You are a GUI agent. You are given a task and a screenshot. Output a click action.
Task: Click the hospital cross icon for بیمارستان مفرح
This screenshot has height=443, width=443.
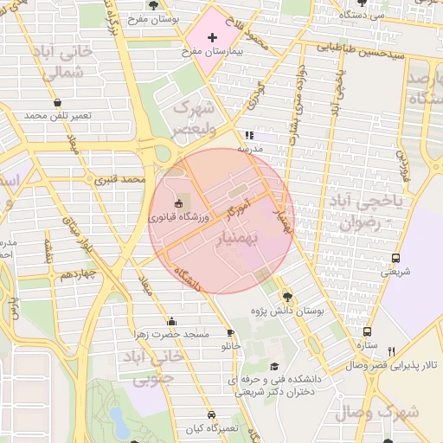point(212,38)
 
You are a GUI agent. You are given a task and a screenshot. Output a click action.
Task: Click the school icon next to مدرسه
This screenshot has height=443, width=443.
point(249,135)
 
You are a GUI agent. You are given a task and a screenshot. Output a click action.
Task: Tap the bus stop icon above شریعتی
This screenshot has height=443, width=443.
point(395,258)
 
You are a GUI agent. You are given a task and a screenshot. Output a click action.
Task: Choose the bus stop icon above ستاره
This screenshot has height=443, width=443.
point(368,331)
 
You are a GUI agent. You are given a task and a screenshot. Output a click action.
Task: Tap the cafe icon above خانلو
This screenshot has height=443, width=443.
point(230,332)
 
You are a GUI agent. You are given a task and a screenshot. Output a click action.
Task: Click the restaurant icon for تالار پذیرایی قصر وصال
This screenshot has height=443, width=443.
point(391,351)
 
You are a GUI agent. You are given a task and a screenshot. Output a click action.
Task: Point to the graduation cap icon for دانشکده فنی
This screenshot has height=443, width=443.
point(274,366)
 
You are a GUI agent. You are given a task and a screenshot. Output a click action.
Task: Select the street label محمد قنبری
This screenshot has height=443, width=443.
point(119,180)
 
